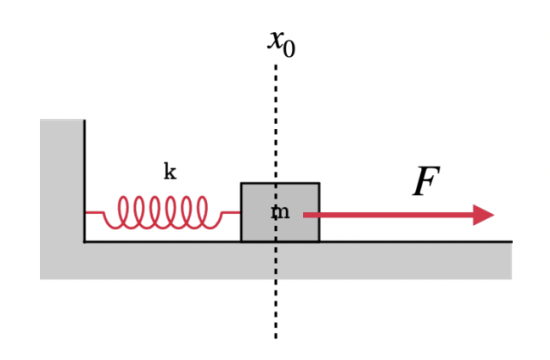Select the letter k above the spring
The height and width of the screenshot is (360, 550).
pyautogui.click(x=170, y=172)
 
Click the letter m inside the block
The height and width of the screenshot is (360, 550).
pyautogui.click(x=280, y=212)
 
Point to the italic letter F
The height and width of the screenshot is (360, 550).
pyautogui.click(x=425, y=183)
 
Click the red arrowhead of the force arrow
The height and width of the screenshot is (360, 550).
pyautogui.click(x=484, y=215)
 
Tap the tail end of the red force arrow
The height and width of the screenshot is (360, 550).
pyautogui.click(x=306, y=215)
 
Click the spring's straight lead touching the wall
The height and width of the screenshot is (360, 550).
pyautogui.click(x=93, y=212)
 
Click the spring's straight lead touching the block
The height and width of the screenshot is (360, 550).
pyautogui.click(x=231, y=212)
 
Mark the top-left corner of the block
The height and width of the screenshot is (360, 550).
pyautogui.click(x=241, y=183)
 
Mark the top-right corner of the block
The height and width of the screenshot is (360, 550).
pyautogui.click(x=319, y=183)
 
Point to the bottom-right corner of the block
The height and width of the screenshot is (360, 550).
pyautogui.click(x=319, y=241)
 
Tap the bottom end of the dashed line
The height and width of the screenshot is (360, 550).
pyautogui.click(x=275, y=336)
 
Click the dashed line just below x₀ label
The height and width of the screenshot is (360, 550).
pyautogui.click(x=275, y=68)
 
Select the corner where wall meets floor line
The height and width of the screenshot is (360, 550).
pyautogui.click(x=84, y=241)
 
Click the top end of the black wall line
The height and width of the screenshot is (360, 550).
pyautogui.click(x=84, y=121)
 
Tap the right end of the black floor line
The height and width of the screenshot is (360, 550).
pyautogui.click(x=510, y=241)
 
